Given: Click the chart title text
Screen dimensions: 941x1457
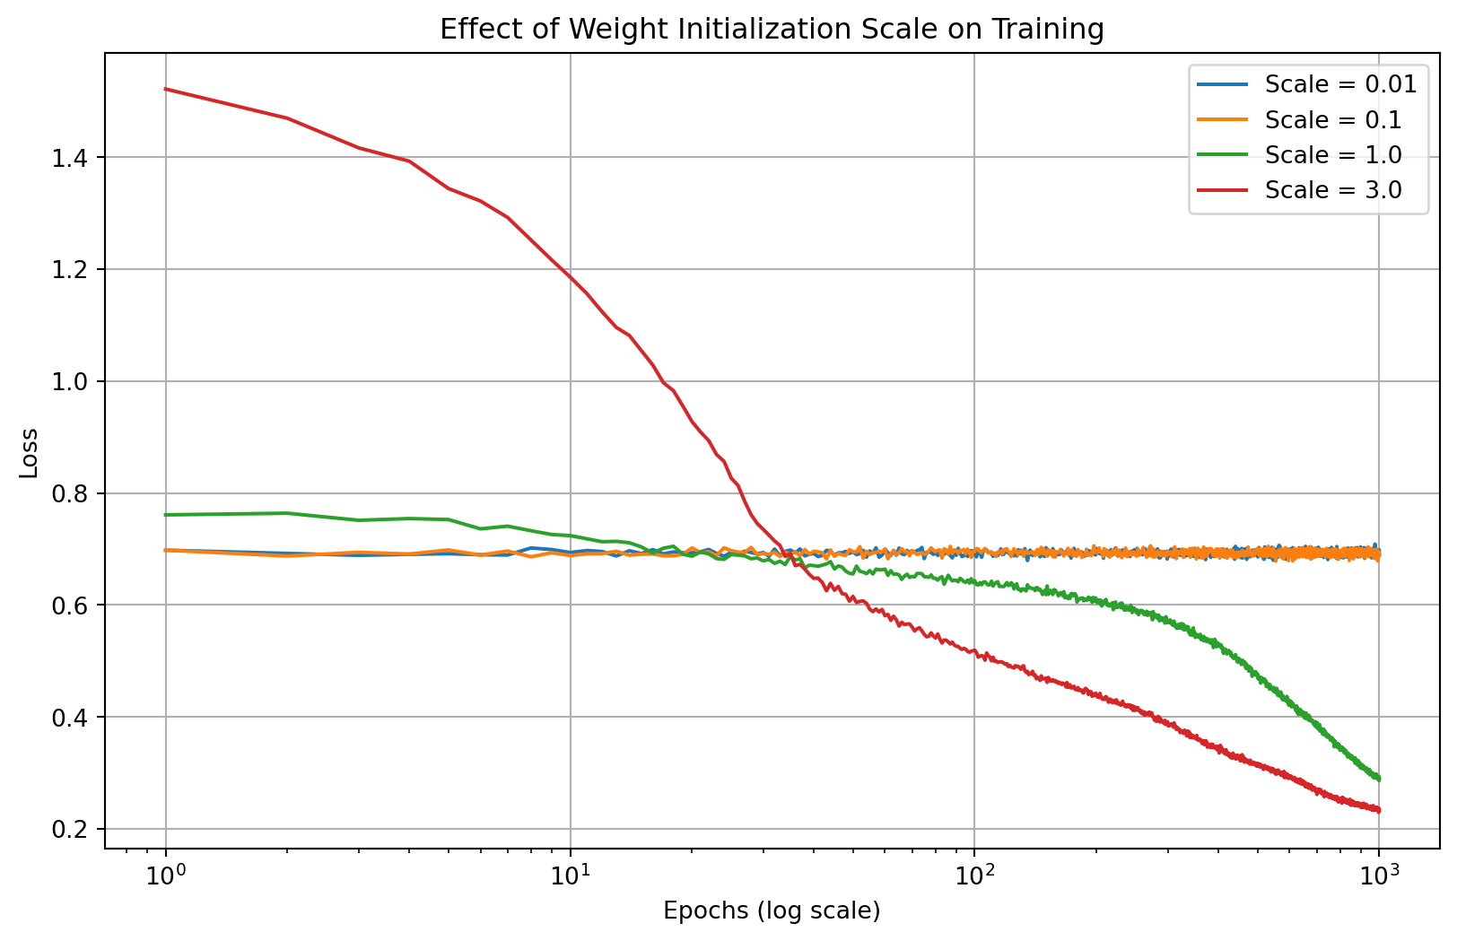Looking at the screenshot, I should (772, 30).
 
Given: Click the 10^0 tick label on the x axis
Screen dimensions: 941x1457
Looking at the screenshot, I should (166, 873).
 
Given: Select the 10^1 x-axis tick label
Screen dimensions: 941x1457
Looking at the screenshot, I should (571, 873).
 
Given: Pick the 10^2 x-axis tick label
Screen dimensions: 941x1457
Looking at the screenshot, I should (974, 873).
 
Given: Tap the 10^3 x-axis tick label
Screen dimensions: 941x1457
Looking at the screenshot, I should (1379, 873).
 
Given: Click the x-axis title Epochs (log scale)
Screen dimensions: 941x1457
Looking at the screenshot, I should (772, 911).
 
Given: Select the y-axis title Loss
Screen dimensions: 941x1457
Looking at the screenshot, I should (30, 453).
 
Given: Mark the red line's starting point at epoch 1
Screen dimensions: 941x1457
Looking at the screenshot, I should (166, 89).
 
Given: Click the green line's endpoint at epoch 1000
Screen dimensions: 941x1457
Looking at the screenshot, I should (1378, 779).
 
